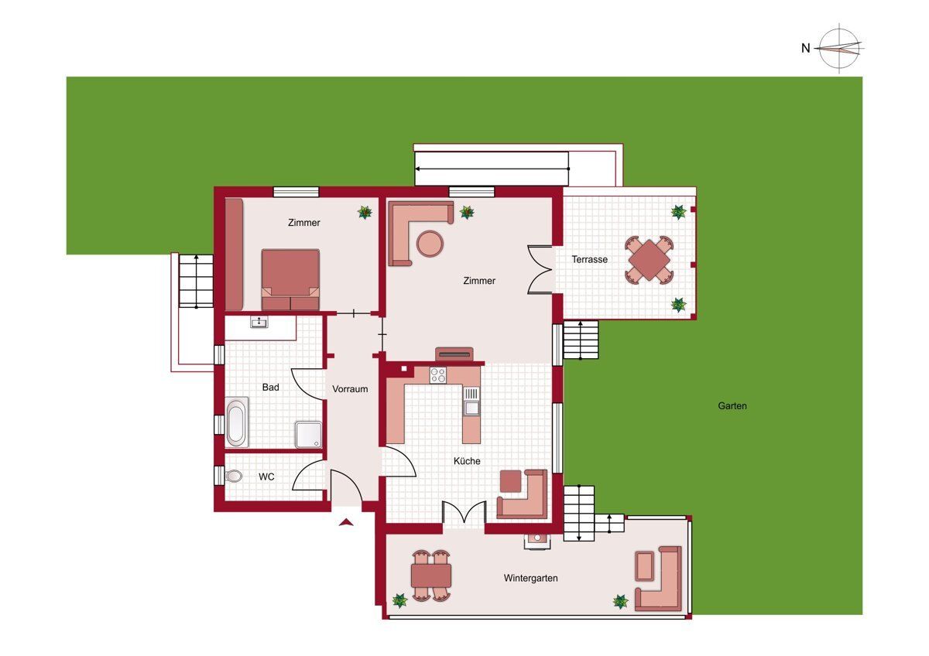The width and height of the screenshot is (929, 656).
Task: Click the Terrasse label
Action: point(589,259)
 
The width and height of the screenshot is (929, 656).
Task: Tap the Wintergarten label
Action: point(530,578)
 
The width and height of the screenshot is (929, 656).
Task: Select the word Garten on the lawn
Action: point(732,405)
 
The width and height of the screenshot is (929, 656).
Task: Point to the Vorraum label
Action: point(350,389)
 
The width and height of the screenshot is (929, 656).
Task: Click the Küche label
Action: point(467,461)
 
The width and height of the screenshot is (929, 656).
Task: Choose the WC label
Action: point(266,477)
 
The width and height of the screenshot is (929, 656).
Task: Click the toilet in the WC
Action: point(234,477)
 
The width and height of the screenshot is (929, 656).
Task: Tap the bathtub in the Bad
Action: point(236,422)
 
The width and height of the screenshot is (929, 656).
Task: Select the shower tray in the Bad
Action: point(309,435)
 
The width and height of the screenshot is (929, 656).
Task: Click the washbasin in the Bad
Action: point(259,322)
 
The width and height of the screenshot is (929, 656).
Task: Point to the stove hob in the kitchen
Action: point(438,375)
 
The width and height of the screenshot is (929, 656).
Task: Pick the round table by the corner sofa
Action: point(430,244)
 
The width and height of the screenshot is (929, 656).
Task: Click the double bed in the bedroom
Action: point(290,279)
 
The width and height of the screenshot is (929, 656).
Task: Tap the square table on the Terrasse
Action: point(649,260)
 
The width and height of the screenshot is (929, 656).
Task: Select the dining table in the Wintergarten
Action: point(431,576)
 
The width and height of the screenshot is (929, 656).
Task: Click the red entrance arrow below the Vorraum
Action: point(346,523)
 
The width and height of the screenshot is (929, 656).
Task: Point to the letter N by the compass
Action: point(805,49)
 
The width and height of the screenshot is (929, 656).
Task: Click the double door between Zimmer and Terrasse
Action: point(540,270)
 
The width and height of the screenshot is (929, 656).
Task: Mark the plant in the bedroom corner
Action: point(365,213)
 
